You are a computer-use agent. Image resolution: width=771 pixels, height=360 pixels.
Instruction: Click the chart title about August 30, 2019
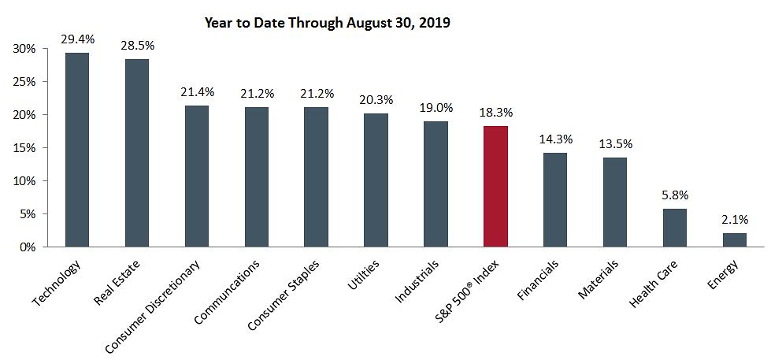327,22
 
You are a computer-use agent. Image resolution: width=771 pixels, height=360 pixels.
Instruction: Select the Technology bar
77,150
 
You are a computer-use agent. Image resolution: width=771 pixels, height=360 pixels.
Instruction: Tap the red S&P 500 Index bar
495,186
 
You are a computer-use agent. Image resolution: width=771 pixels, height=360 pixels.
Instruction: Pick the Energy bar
734,239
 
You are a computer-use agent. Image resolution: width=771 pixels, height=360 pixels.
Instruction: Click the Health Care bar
675,228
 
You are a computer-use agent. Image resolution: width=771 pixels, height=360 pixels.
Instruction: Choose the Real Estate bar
137,153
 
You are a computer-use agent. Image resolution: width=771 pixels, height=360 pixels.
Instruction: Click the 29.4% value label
77,38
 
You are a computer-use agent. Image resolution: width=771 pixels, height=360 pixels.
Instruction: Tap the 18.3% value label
495,112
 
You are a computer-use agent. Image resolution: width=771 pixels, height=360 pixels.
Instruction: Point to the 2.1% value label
734,219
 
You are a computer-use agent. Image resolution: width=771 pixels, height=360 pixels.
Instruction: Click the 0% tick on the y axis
28,247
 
